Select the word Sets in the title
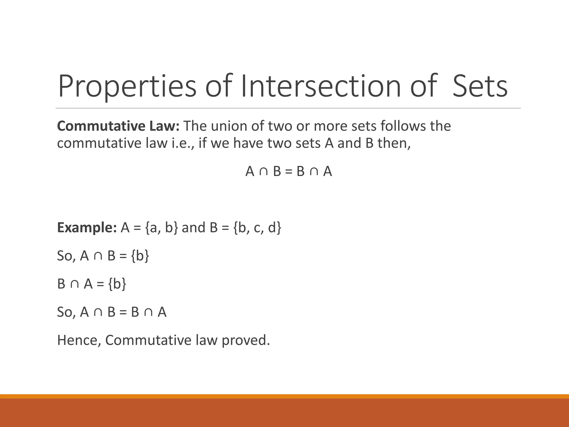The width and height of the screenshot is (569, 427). coord(480,86)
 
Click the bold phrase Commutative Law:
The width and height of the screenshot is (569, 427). coord(118,126)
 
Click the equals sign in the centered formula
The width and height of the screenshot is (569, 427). coord(289,172)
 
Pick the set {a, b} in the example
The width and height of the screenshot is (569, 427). coord(161,228)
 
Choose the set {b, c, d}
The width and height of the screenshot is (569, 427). coord(258,228)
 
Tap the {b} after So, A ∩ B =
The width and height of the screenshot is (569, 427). coord(140,256)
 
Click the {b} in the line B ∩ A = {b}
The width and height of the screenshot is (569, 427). coord(117,284)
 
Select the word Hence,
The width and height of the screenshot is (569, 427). coord(79,340)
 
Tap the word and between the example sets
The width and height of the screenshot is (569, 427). coord(193,228)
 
